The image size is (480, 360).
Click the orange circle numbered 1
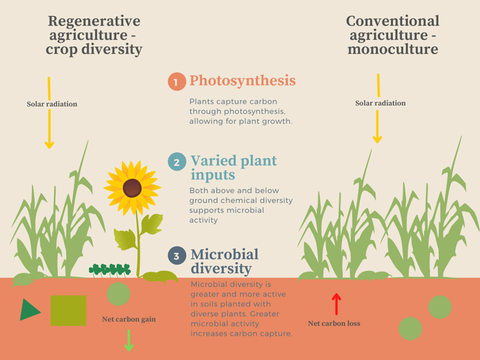click(x=176, y=82)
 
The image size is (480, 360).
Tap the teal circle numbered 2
click(x=176, y=161)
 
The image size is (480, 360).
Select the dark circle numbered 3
click(x=176, y=256)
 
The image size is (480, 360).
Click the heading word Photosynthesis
click(x=242, y=81)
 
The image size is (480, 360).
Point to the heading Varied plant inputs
click(x=233, y=168)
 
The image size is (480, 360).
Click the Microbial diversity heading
click(x=224, y=261)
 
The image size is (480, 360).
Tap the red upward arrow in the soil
click(x=336, y=304)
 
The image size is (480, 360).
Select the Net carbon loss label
click(x=334, y=323)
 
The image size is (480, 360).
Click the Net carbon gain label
click(x=128, y=320)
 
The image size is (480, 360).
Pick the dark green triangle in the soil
click(x=29, y=310)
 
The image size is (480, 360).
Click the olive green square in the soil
click(x=68, y=310)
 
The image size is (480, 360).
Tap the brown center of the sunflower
click(x=132, y=188)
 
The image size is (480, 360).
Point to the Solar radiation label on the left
click(x=51, y=104)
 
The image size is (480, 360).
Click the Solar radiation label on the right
click(x=380, y=103)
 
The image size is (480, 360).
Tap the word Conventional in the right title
click(x=392, y=21)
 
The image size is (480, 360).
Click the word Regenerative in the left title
click(x=94, y=21)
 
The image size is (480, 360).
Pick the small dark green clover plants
click(x=110, y=270)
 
